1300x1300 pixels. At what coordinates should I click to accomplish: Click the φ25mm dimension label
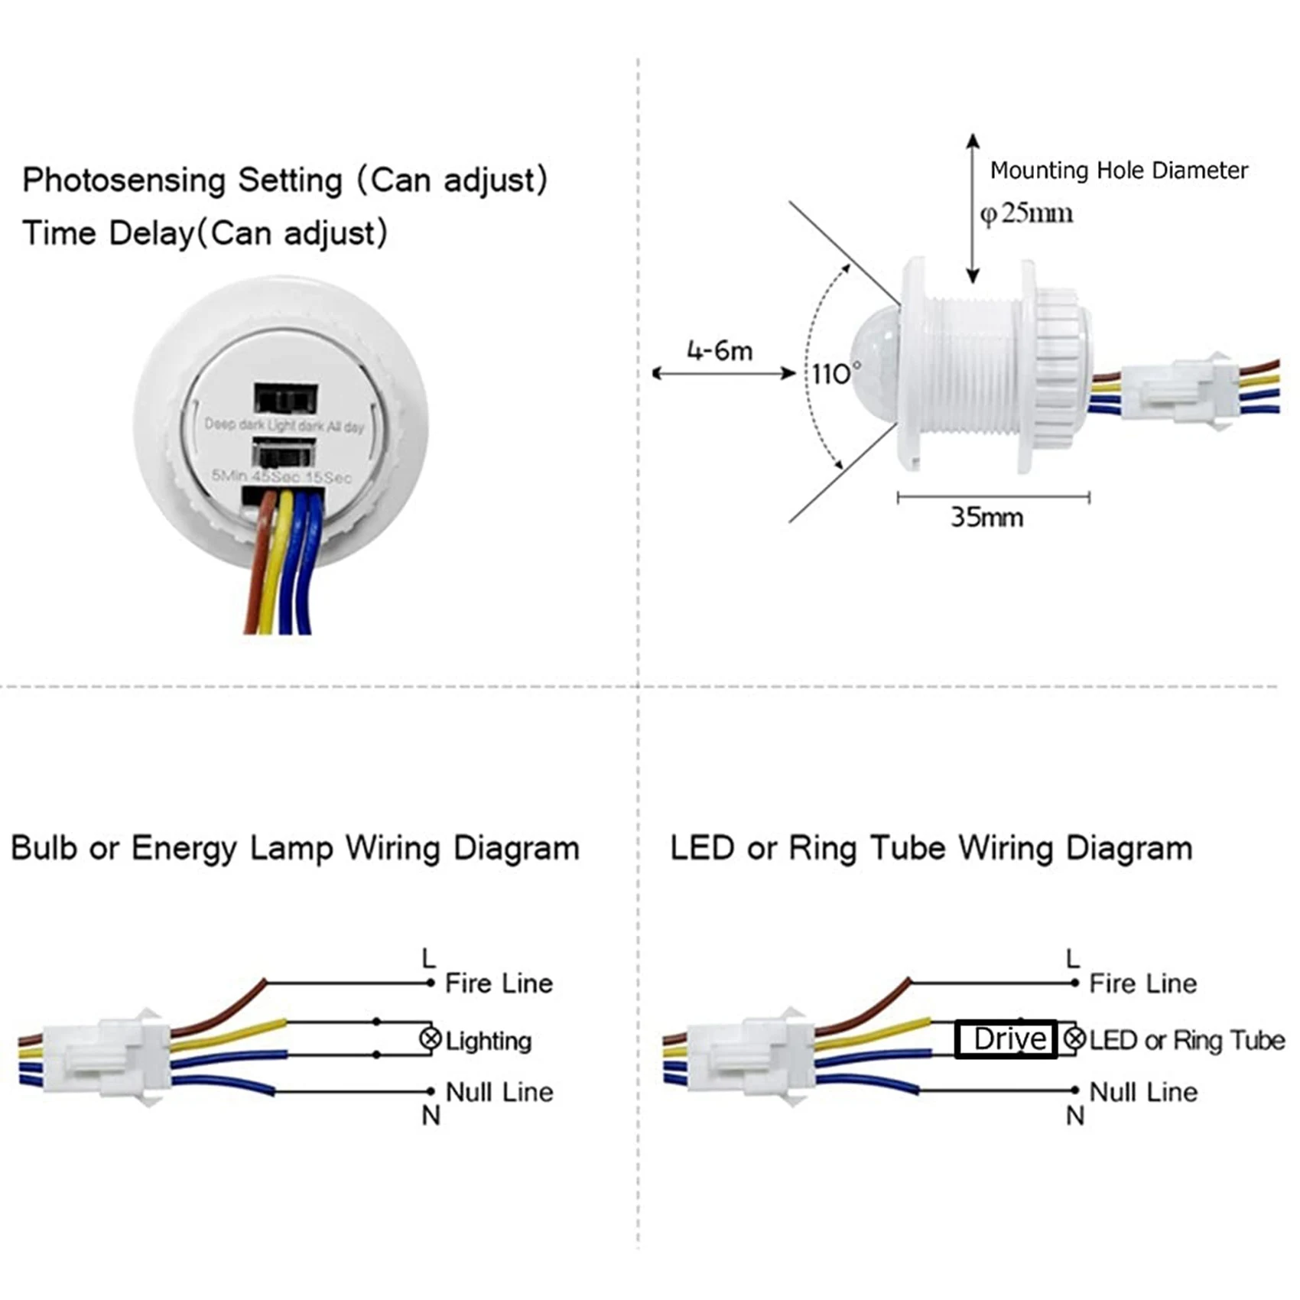[x=1027, y=213]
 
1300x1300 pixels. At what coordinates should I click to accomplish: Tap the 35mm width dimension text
[x=986, y=518]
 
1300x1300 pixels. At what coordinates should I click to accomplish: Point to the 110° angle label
[x=834, y=373]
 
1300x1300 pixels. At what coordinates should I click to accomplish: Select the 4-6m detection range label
[x=720, y=351]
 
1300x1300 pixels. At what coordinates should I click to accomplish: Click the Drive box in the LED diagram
[x=1006, y=1039]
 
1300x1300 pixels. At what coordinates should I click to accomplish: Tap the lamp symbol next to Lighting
[x=431, y=1038]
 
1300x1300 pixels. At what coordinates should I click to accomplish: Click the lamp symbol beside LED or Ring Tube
[x=1075, y=1038]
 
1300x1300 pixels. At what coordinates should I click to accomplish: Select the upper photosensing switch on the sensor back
[x=285, y=398]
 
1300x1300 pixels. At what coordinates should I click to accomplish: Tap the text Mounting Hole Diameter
[x=1119, y=170]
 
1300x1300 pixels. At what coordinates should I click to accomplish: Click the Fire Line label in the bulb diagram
[x=499, y=983]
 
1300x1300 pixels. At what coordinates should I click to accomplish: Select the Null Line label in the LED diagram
[x=1143, y=1092]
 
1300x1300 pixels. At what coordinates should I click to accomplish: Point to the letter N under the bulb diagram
[x=431, y=1116]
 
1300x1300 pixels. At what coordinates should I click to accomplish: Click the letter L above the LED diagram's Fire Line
[x=1073, y=958]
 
